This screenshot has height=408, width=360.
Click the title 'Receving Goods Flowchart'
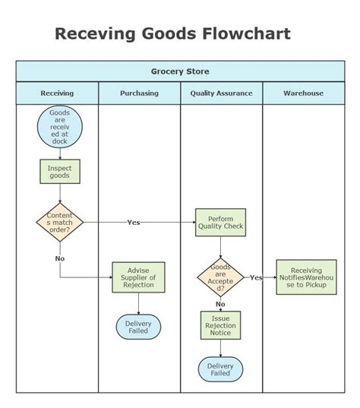172,34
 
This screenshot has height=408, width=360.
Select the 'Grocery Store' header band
180,71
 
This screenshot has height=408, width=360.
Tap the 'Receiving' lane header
57,93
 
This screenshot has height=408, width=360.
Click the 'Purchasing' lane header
139,93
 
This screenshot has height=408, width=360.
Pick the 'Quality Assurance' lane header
221,93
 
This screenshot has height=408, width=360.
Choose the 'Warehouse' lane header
303,93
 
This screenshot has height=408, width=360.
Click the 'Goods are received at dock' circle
59,127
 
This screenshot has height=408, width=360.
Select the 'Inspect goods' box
59,172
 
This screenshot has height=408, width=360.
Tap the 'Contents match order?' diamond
59,221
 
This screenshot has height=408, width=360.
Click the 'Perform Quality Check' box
220,222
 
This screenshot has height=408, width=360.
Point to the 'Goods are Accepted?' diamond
220,277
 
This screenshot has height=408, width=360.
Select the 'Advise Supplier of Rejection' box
138,277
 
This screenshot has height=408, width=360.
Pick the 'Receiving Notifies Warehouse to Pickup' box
306,277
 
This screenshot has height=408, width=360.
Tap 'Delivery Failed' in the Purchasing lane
138,327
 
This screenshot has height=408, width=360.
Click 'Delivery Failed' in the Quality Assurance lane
220,370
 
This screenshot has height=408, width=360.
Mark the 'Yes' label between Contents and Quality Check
134,223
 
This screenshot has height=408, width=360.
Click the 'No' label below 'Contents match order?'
59,258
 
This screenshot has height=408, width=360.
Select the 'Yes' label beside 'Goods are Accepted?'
256,277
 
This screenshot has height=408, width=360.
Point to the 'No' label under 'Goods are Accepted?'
220,305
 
